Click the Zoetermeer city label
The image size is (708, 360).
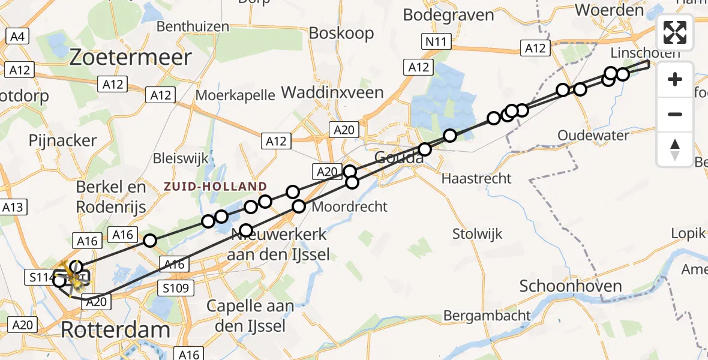click(x=131, y=58)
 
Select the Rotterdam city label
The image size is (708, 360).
click(x=116, y=329)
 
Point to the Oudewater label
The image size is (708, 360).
click(x=593, y=136)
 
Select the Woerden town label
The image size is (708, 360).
click(x=609, y=10)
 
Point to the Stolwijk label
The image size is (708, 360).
click(x=478, y=234)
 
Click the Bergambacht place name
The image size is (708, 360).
click(x=487, y=315)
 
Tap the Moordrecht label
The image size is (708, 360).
click(x=350, y=207)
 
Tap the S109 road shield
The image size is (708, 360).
click(x=178, y=289)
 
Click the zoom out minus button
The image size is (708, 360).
click(x=675, y=114)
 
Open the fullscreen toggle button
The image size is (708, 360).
click(x=675, y=32)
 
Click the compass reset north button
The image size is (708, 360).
click(x=675, y=149)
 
